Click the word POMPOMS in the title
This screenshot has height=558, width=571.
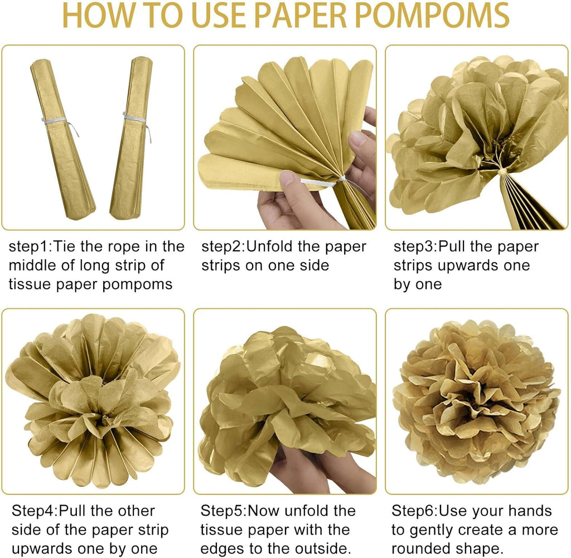pos(432,15)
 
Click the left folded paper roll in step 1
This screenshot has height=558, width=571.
pos(62,139)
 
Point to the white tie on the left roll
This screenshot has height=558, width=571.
pos(60,124)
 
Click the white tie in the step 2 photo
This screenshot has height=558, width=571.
pos(324,181)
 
